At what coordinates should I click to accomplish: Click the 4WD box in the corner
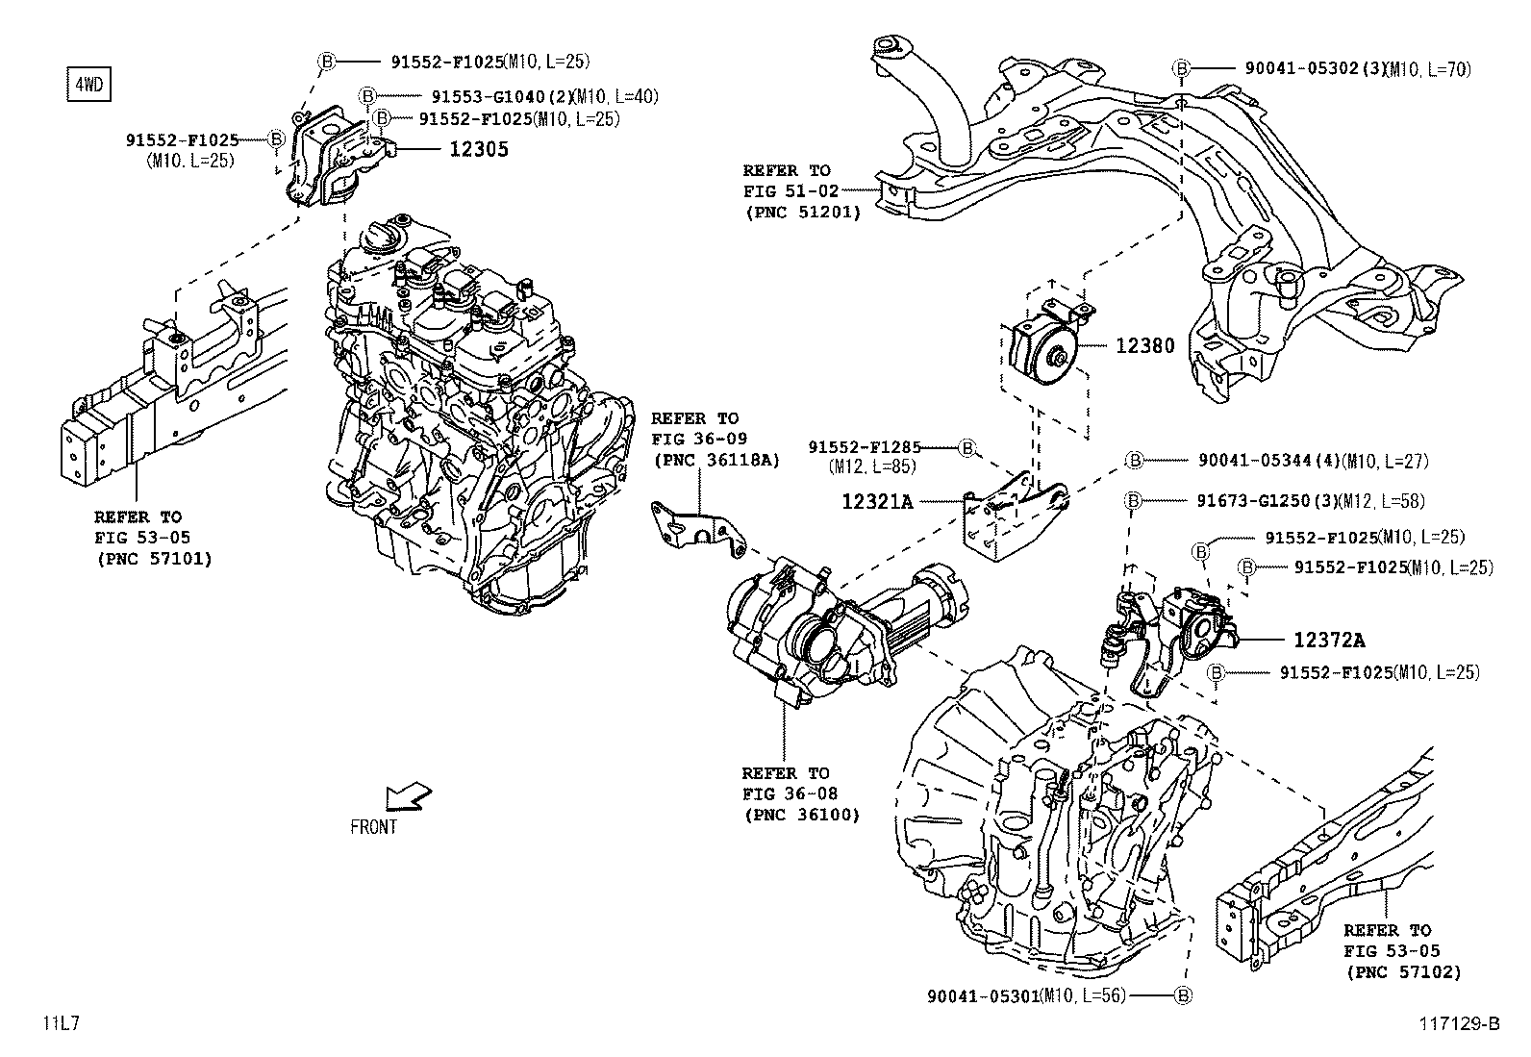88,85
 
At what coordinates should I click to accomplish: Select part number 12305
477,149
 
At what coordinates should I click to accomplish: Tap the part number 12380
1144,345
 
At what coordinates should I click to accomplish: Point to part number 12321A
876,501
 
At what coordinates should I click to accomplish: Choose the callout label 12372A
1328,640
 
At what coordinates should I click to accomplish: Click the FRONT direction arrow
407,797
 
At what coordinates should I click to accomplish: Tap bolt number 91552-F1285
864,447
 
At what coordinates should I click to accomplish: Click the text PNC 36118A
715,460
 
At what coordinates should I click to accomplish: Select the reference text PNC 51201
802,212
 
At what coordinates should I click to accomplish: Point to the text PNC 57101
154,558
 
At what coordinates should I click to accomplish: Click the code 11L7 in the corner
60,1024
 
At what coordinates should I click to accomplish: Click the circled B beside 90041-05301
1183,995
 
